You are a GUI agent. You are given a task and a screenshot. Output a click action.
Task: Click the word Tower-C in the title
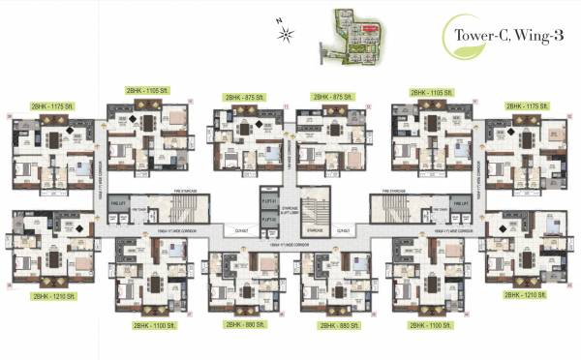[476, 34]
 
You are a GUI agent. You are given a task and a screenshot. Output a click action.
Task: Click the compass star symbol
[287, 36]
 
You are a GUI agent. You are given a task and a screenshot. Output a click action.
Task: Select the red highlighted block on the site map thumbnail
[369, 29]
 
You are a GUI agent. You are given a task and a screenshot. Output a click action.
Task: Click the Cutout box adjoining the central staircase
[341, 229]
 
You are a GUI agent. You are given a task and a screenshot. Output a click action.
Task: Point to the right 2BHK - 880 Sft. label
[339, 326]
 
